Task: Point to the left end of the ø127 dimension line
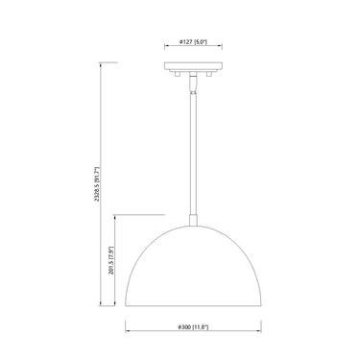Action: coord(163,52)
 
